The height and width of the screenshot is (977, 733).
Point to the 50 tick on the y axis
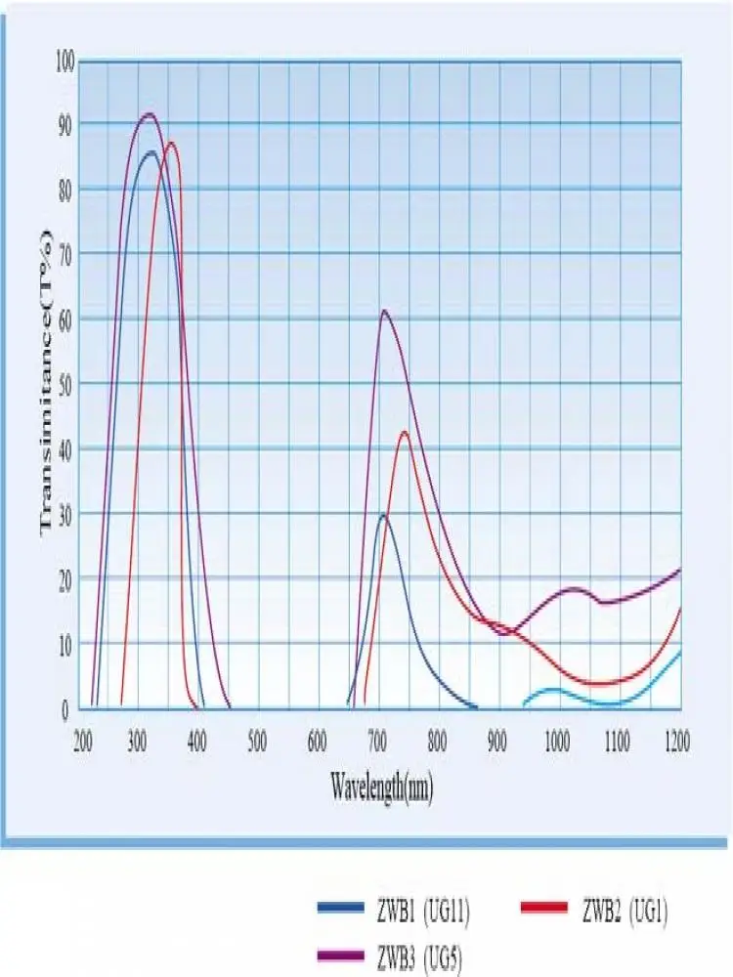[65, 383]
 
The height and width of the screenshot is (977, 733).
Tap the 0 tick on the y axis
[67, 710]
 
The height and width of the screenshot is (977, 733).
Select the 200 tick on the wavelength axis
[82, 740]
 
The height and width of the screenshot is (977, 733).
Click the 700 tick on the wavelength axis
[377, 740]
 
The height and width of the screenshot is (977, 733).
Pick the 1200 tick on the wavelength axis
[675, 740]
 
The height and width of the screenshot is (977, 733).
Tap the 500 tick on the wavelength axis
[257, 740]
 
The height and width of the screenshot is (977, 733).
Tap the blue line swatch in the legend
[342, 910]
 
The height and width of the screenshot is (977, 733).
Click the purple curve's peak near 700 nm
[384, 311]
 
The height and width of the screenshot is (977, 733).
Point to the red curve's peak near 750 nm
[404, 431]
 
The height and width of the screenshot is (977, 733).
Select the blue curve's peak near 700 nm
[383, 515]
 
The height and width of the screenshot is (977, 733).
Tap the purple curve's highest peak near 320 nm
[149, 113]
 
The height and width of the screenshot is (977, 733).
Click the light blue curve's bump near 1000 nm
[554, 690]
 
